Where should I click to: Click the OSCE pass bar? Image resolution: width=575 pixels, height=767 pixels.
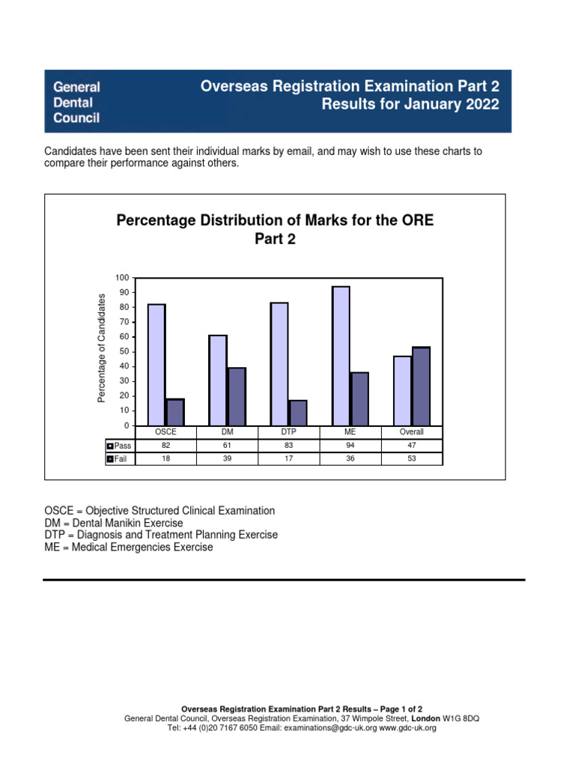click(x=156, y=365)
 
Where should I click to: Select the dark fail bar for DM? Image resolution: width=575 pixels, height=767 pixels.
click(x=237, y=397)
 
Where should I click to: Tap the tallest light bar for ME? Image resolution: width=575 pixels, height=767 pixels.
click(x=341, y=356)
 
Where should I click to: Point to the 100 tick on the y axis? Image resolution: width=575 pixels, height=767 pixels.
click(x=122, y=278)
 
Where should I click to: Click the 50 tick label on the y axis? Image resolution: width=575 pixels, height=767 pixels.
click(x=124, y=352)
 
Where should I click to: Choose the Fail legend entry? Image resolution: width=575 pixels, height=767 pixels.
click(x=118, y=458)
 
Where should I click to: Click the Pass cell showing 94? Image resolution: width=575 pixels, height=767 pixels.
click(x=350, y=446)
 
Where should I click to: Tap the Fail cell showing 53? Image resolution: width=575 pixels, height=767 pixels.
click(x=412, y=458)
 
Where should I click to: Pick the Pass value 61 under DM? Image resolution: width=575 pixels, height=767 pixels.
click(x=227, y=446)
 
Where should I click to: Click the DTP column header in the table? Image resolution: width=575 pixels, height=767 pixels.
click(x=289, y=432)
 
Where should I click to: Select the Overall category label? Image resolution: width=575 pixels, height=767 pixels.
click(x=412, y=432)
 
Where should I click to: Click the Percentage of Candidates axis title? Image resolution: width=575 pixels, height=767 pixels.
click(x=103, y=348)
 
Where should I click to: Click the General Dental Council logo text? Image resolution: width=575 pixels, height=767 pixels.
click(x=76, y=102)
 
